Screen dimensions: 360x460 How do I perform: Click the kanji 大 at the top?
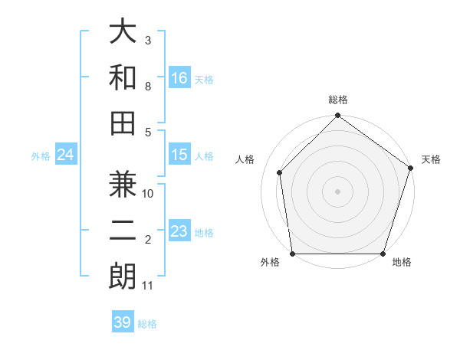tap(123, 31)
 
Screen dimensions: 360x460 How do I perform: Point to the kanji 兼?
tap(123, 187)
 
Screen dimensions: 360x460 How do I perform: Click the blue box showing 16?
tap(179, 77)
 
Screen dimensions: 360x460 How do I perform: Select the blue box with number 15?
tap(179, 155)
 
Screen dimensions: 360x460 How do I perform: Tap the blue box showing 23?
tap(179, 231)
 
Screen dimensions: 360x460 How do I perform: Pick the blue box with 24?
tap(66, 155)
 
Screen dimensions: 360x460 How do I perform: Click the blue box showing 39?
tap(123, 322)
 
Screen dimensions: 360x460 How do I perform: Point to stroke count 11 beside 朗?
tap(148, 286)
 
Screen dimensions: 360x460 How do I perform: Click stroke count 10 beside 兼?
tap(149, 194)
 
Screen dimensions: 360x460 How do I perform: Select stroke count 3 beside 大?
tap(147, 39)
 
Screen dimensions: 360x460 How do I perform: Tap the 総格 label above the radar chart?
tap(337, 100)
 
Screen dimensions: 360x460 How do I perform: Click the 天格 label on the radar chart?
tap(432, 159)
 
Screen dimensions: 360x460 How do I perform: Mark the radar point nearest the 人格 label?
tap(280, 172)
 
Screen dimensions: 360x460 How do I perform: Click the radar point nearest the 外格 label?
tap(293, 254)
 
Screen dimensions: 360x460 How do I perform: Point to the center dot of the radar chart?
tap(337, 191)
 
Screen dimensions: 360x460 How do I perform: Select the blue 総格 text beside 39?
tap(147, 324)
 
